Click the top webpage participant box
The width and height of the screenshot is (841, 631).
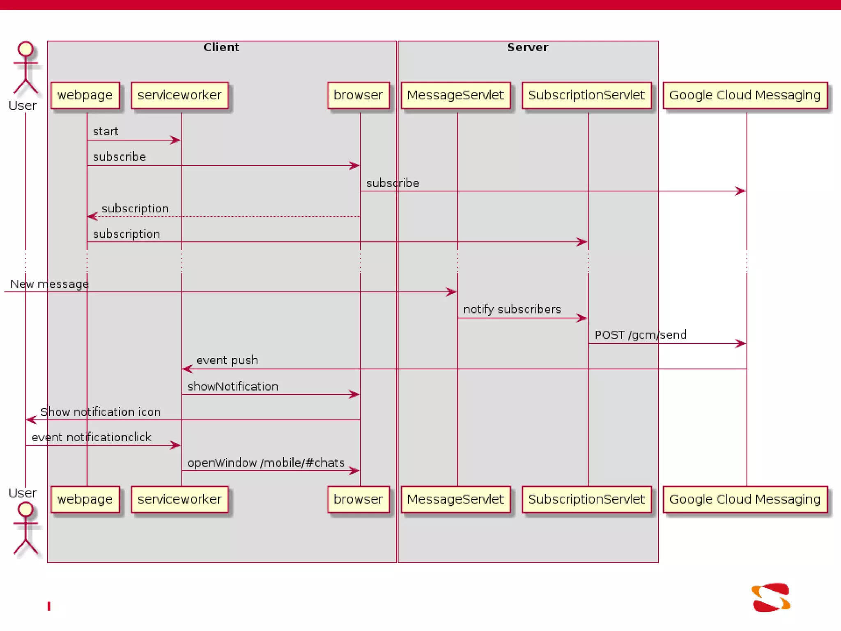85,95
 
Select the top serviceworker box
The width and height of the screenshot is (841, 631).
179,95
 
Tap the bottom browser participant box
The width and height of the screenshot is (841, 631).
358,499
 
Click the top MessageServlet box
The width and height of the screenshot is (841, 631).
455,95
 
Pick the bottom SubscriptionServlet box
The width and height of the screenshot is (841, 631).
586,499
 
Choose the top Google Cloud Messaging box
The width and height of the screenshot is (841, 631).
745,95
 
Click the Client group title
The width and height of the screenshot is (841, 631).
221,47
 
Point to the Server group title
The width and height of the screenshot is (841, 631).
528,47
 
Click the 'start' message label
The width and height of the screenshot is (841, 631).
106,131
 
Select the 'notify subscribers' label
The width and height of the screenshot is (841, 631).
512,309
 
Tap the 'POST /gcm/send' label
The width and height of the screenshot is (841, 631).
640,335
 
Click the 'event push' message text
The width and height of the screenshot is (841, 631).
227,360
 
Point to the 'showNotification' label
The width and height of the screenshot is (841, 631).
233,386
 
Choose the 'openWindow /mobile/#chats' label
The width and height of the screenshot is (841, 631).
266,463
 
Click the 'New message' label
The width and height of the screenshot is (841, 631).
49,284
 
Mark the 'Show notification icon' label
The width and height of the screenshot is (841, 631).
101,412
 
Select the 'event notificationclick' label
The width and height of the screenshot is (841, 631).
91,437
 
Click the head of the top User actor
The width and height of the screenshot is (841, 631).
25,48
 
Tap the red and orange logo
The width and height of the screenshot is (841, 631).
771,597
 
